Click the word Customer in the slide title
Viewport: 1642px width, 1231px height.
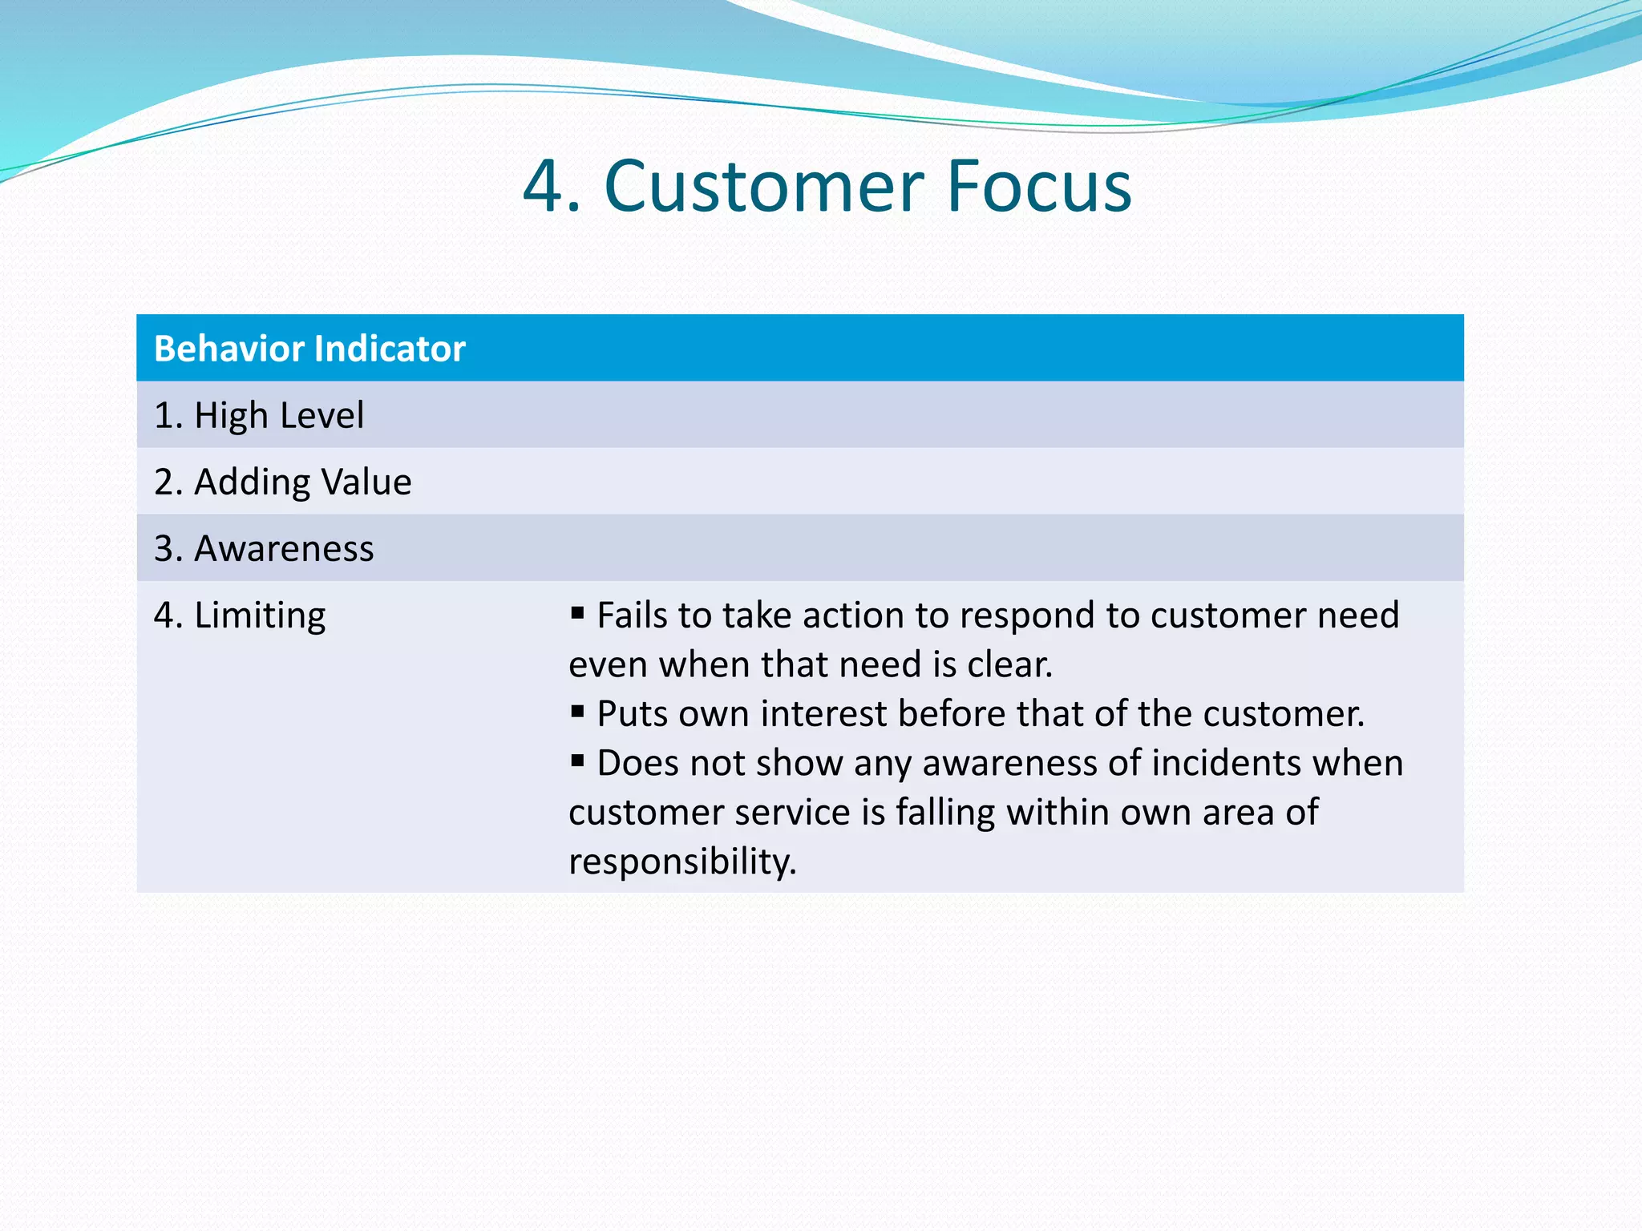pyautogui.click(x=765, y=187)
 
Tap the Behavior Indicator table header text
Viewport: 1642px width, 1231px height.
pyautogui.click(x=309, y=349)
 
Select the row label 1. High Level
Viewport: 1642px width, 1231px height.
pyautogui.click(x=258, y=415)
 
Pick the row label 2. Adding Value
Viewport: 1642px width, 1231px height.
pyautogui.click(x=282, y=482)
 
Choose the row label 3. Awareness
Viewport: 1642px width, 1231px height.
pyautogui.click(x=264, y=548)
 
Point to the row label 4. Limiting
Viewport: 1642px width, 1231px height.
pyautogui.click(x=240, y=615)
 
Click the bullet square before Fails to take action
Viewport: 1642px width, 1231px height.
pyautogui.click(x=577, y=613)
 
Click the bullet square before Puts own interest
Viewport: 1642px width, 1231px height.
pyautogui.click(x=577, y=711)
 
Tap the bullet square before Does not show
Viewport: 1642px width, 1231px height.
pyautogui.click(x=577, y=761)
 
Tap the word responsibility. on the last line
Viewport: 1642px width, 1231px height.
pyautogui.click(x=682, y=862)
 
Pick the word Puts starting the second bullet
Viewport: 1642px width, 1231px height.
pyautogui.click(x=633, y=714)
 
